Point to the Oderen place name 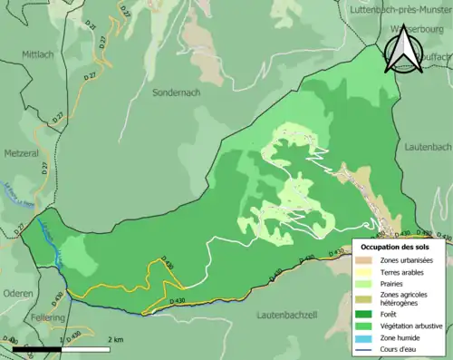pos(18,268)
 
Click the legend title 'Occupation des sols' pos(398,247)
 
